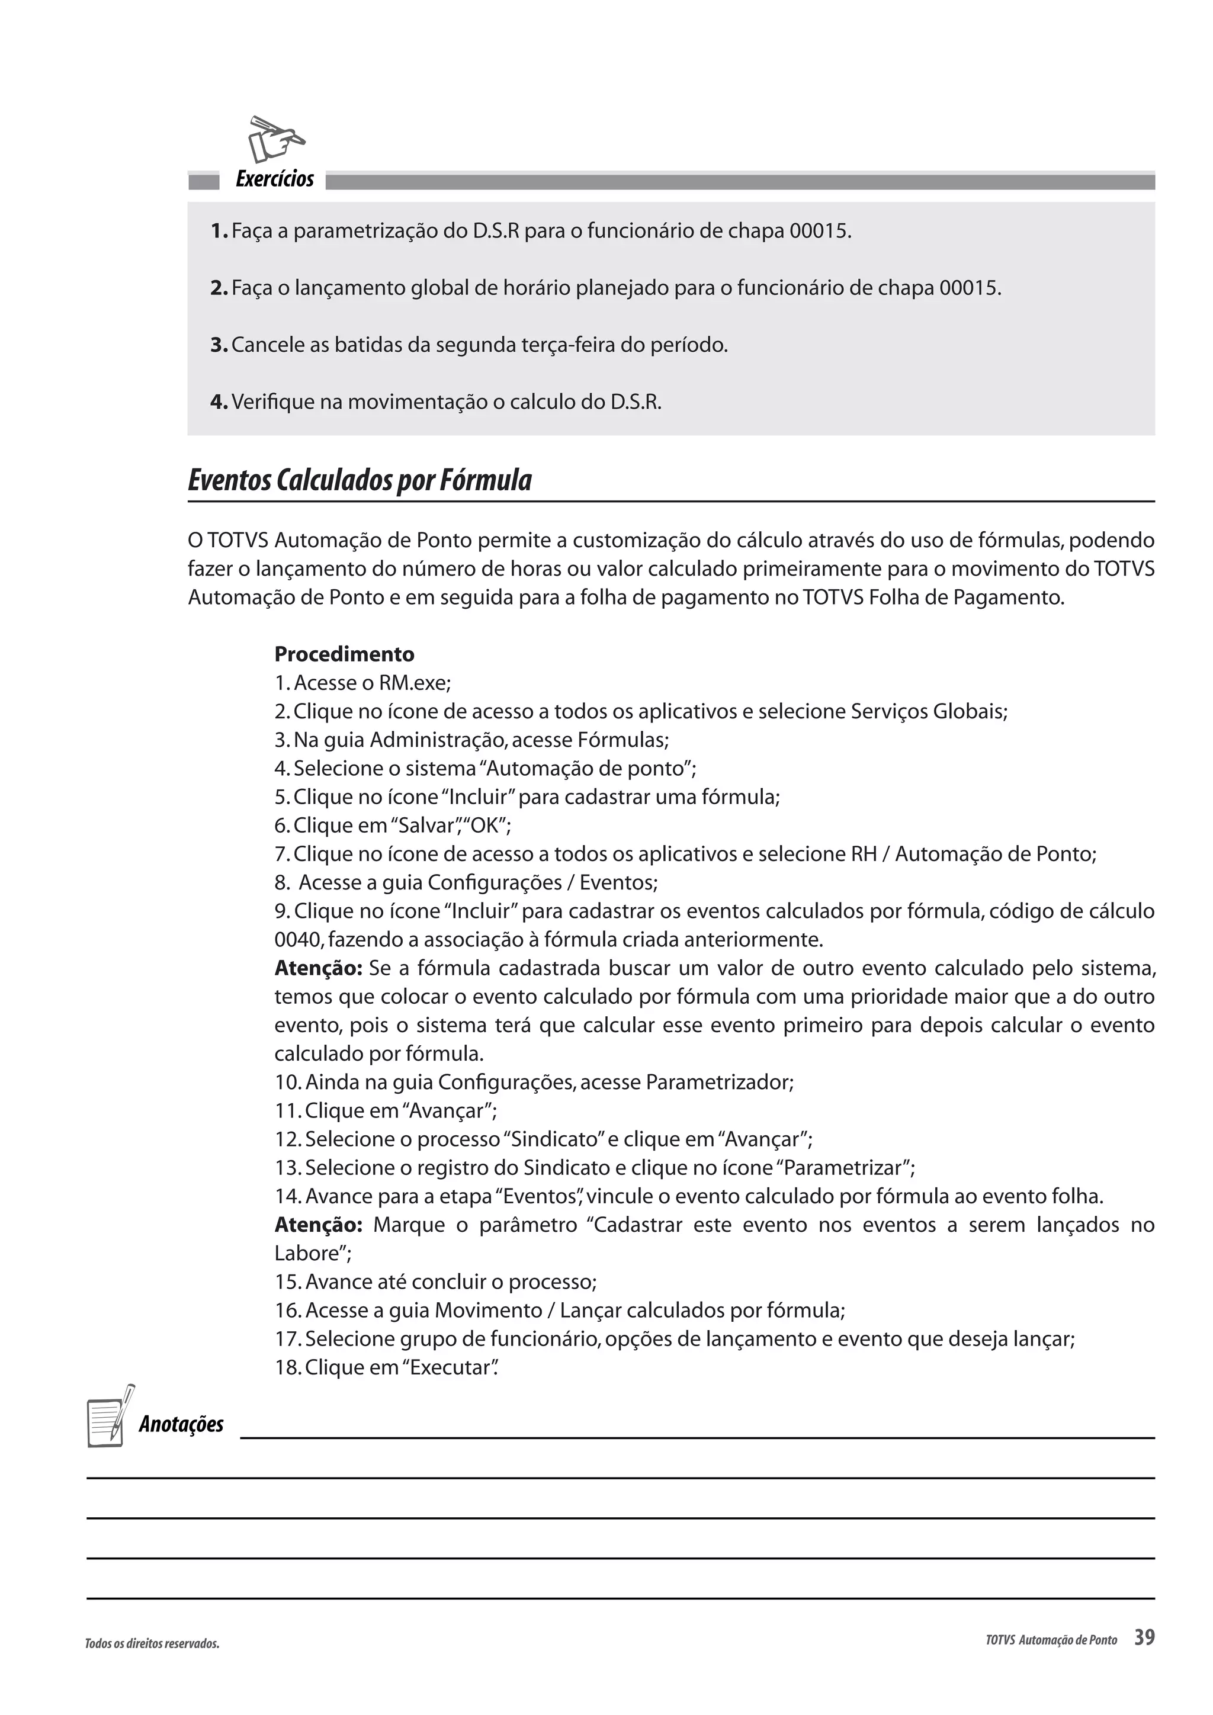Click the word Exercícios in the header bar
274,179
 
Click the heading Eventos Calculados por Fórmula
360,480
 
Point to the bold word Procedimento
344,654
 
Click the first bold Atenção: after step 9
318,968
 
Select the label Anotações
181,1424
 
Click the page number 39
1144,1637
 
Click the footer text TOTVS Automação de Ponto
1051,1640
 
